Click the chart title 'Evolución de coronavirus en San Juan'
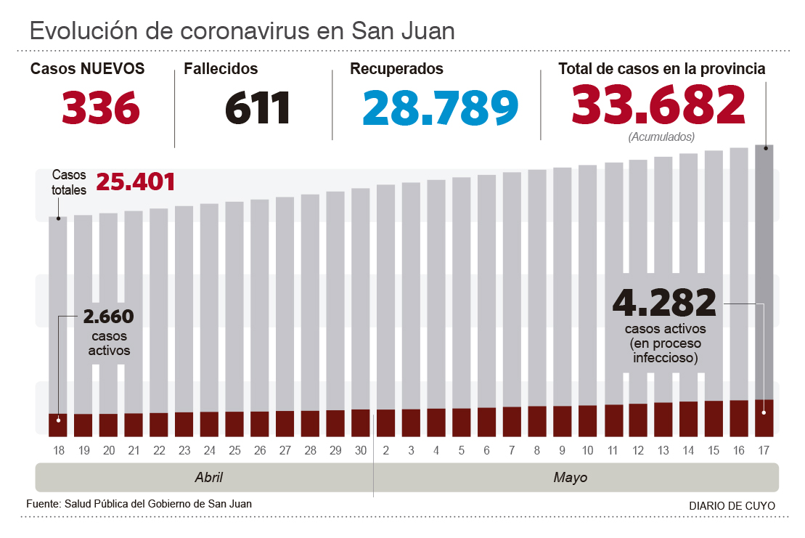click(242, 31)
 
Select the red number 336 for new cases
click(100, 107)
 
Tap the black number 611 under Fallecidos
click(258, 107)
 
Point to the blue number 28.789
click(441, 107)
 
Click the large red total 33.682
click(658, 105)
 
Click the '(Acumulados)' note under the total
click(661, 136)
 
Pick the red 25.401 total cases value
click(136, 182)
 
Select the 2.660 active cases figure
click(109, 317)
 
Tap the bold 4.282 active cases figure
click(665, 303)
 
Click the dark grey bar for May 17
click(764, 269)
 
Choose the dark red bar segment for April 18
click(58, 425)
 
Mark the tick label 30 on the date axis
click(361, 451)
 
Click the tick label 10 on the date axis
click(587, 451)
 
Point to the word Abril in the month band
click(209, 478)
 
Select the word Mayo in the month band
click(571, 478)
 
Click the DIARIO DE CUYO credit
click(732, 505)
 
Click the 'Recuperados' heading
click(396, 69)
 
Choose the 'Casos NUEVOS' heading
click(87, 69)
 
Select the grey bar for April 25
click(234, 305)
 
